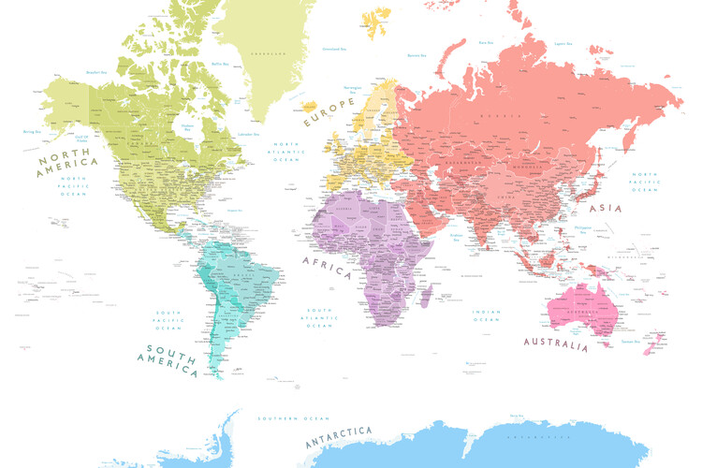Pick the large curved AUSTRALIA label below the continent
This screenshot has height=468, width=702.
click(x=556, y=344)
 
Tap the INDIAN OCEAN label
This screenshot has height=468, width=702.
click(x=487, y=315)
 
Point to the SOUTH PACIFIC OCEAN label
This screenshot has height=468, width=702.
click(x=168, y=320)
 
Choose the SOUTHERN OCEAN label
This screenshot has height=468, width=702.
click(x=279, y=417)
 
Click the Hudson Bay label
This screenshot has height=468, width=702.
click(x=187, y=127)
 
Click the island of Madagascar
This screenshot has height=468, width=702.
click(x=426, y=297)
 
